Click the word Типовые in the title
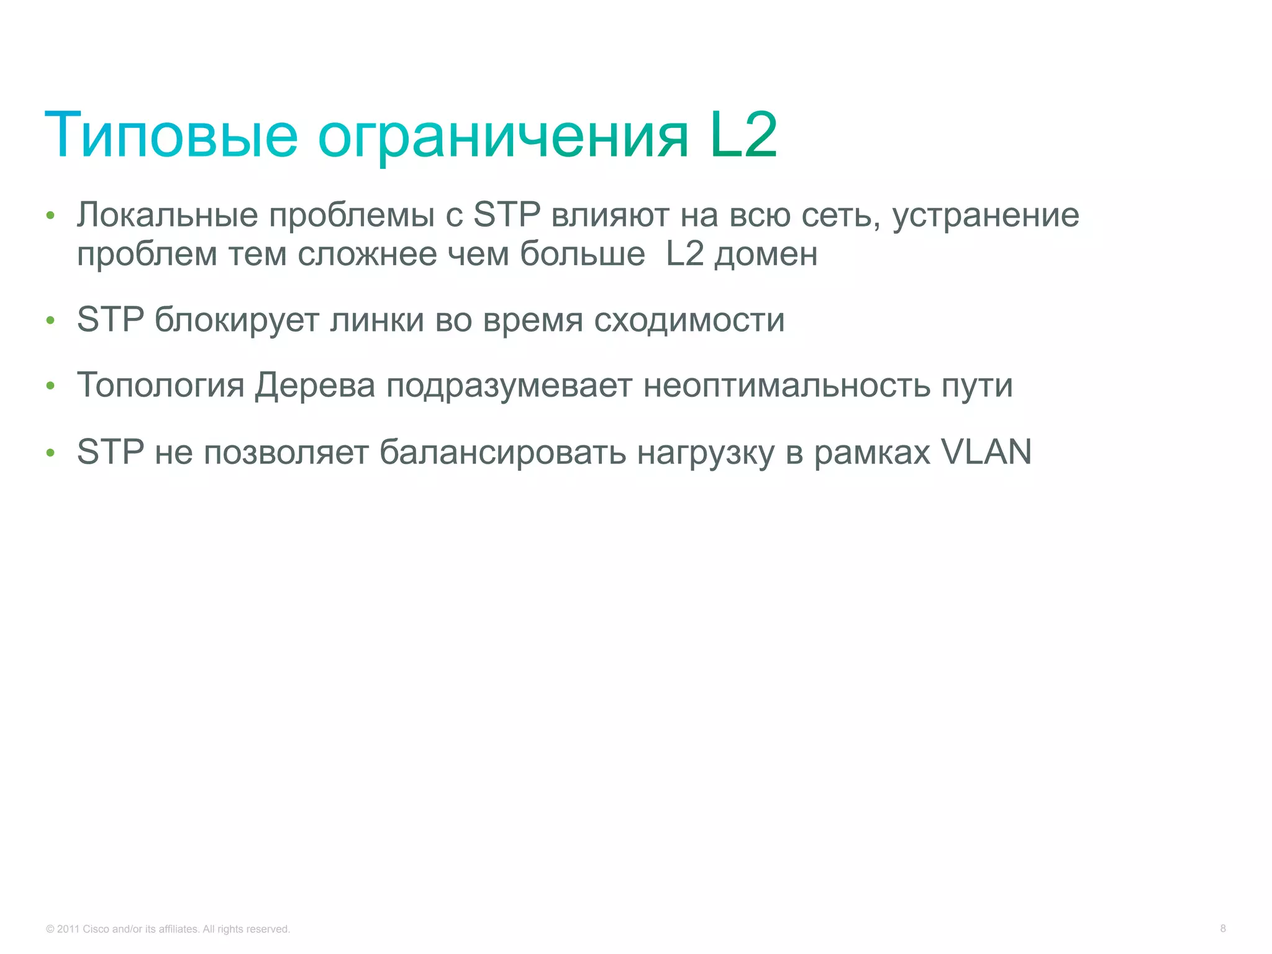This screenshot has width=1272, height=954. coord(171,135)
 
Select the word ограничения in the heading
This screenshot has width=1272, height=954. coord(503,138)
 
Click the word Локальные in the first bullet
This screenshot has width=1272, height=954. coord(167,215)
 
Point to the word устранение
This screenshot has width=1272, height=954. coord(986,216)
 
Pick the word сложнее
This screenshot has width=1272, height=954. coord(367,254)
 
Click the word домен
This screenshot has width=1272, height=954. coord(766,255)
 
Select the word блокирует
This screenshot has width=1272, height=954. coord(236,320)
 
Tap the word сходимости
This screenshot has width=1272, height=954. coord(689,320)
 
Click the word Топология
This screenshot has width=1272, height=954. coord(161,386)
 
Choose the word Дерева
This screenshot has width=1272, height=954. coord(315,386)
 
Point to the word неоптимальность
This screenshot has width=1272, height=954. coord(786,386)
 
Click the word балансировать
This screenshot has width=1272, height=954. coord(502,452)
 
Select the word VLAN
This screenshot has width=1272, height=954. coord(986,452)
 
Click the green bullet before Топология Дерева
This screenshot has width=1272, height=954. coord(51,387)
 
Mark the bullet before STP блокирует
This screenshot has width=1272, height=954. coord(51,321)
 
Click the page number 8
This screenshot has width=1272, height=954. coord(1223,929)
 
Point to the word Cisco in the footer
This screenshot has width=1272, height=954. coord(96,929)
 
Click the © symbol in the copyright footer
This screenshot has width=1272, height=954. coord(50,929)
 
